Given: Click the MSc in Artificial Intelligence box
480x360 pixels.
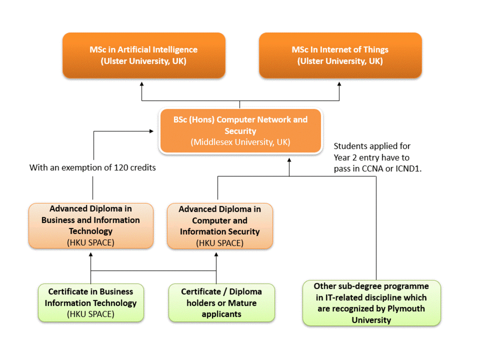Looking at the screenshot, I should [x=144, y=55].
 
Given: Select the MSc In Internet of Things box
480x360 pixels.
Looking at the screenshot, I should [x=340, y=55].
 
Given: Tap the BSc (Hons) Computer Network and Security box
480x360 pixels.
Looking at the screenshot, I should [x=240, y=131].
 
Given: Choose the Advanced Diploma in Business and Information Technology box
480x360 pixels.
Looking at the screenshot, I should [x=91, y=226].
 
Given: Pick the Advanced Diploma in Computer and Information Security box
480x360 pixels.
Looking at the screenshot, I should [x=220, y=226].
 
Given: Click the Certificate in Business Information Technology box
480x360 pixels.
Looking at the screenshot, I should [x=91, y=303].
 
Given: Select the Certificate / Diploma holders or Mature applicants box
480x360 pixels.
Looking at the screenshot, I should [x=222, y=303].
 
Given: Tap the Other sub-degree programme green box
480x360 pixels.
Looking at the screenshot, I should [x=371, y=303].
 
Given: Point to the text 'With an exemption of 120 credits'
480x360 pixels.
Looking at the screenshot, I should [x=92, y=168].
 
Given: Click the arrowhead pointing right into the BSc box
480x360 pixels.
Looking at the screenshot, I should [x=152, y=131].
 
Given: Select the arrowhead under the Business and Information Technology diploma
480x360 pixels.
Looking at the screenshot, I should [x=91, y=254].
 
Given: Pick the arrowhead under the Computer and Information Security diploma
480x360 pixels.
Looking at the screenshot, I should [x=216, y=254].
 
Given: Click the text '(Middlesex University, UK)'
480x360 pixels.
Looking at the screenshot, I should [x=240, y=142].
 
